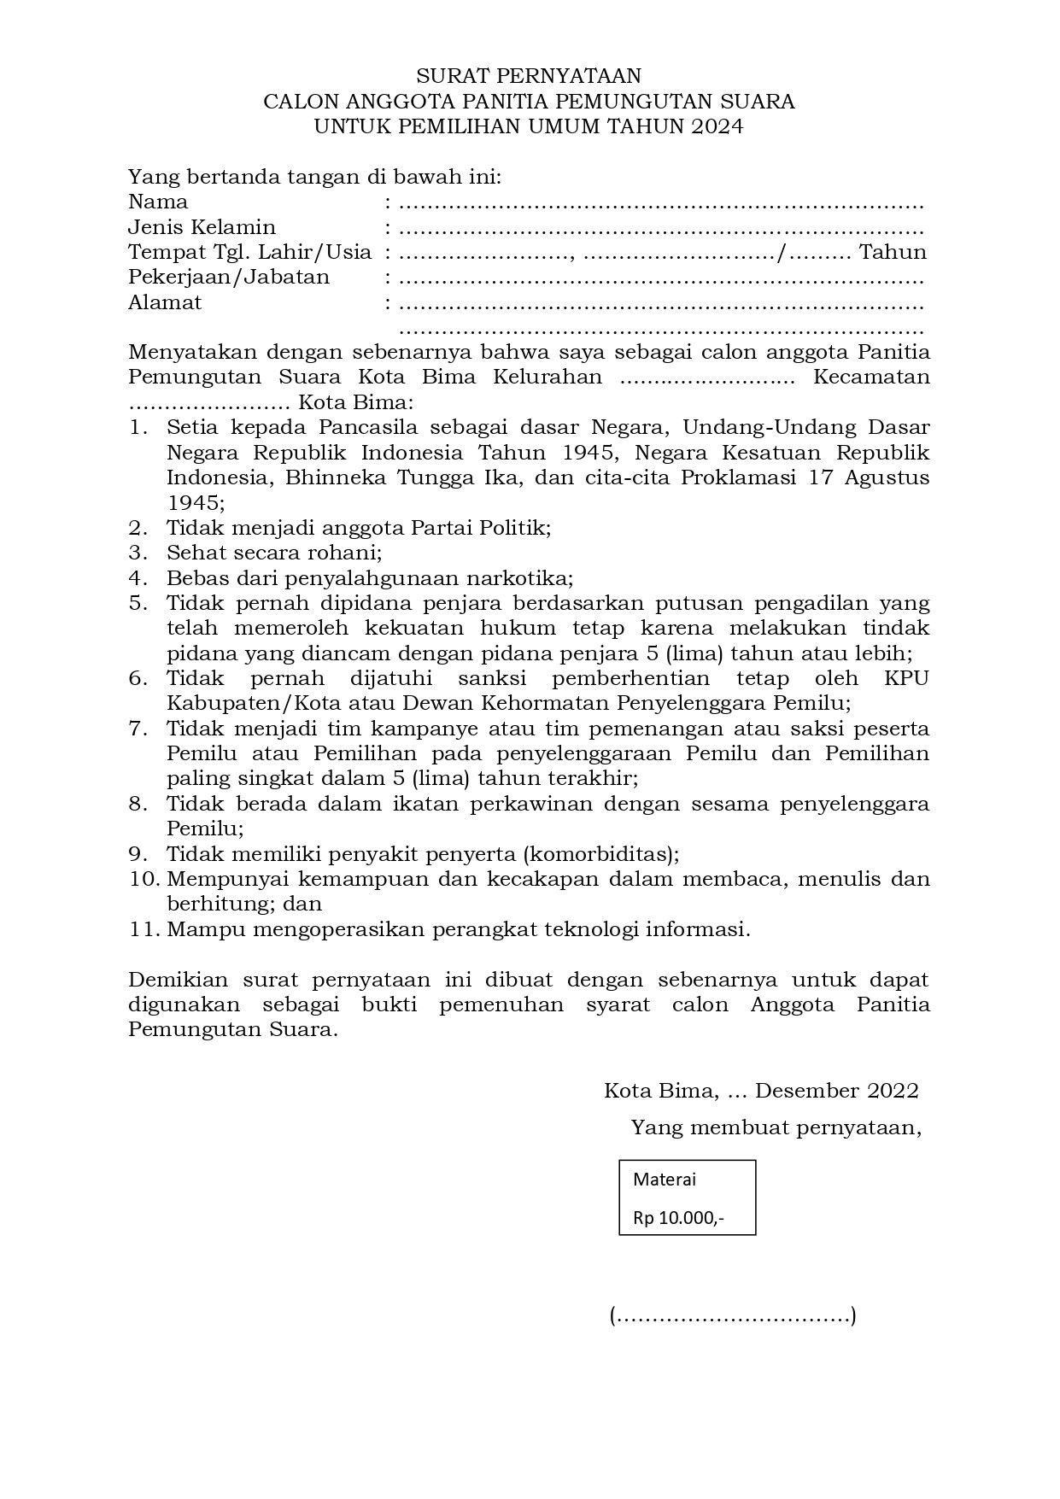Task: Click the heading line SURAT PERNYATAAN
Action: [528, 77]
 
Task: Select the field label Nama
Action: [158, 202]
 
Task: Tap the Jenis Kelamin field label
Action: [202, 227]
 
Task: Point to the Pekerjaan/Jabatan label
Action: [228, 278]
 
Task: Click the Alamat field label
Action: [165, 302]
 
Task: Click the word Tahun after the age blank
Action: [893, 253]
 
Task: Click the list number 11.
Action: [145, 929]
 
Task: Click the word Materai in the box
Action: [665, 1180]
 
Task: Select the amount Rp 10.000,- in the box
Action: [678, 1218]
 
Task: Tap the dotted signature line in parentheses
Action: [733, 1316]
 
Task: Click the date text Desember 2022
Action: [836, 1091]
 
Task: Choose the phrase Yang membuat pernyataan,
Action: [776, 1128]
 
